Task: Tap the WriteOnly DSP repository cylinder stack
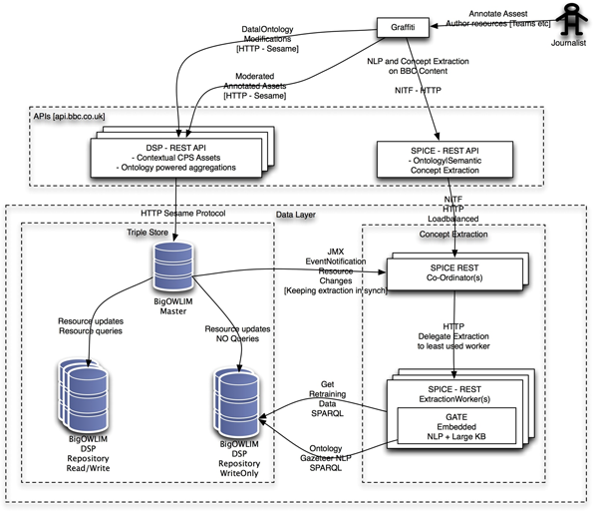tap(235, 398)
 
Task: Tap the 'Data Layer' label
tap(298, 215)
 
